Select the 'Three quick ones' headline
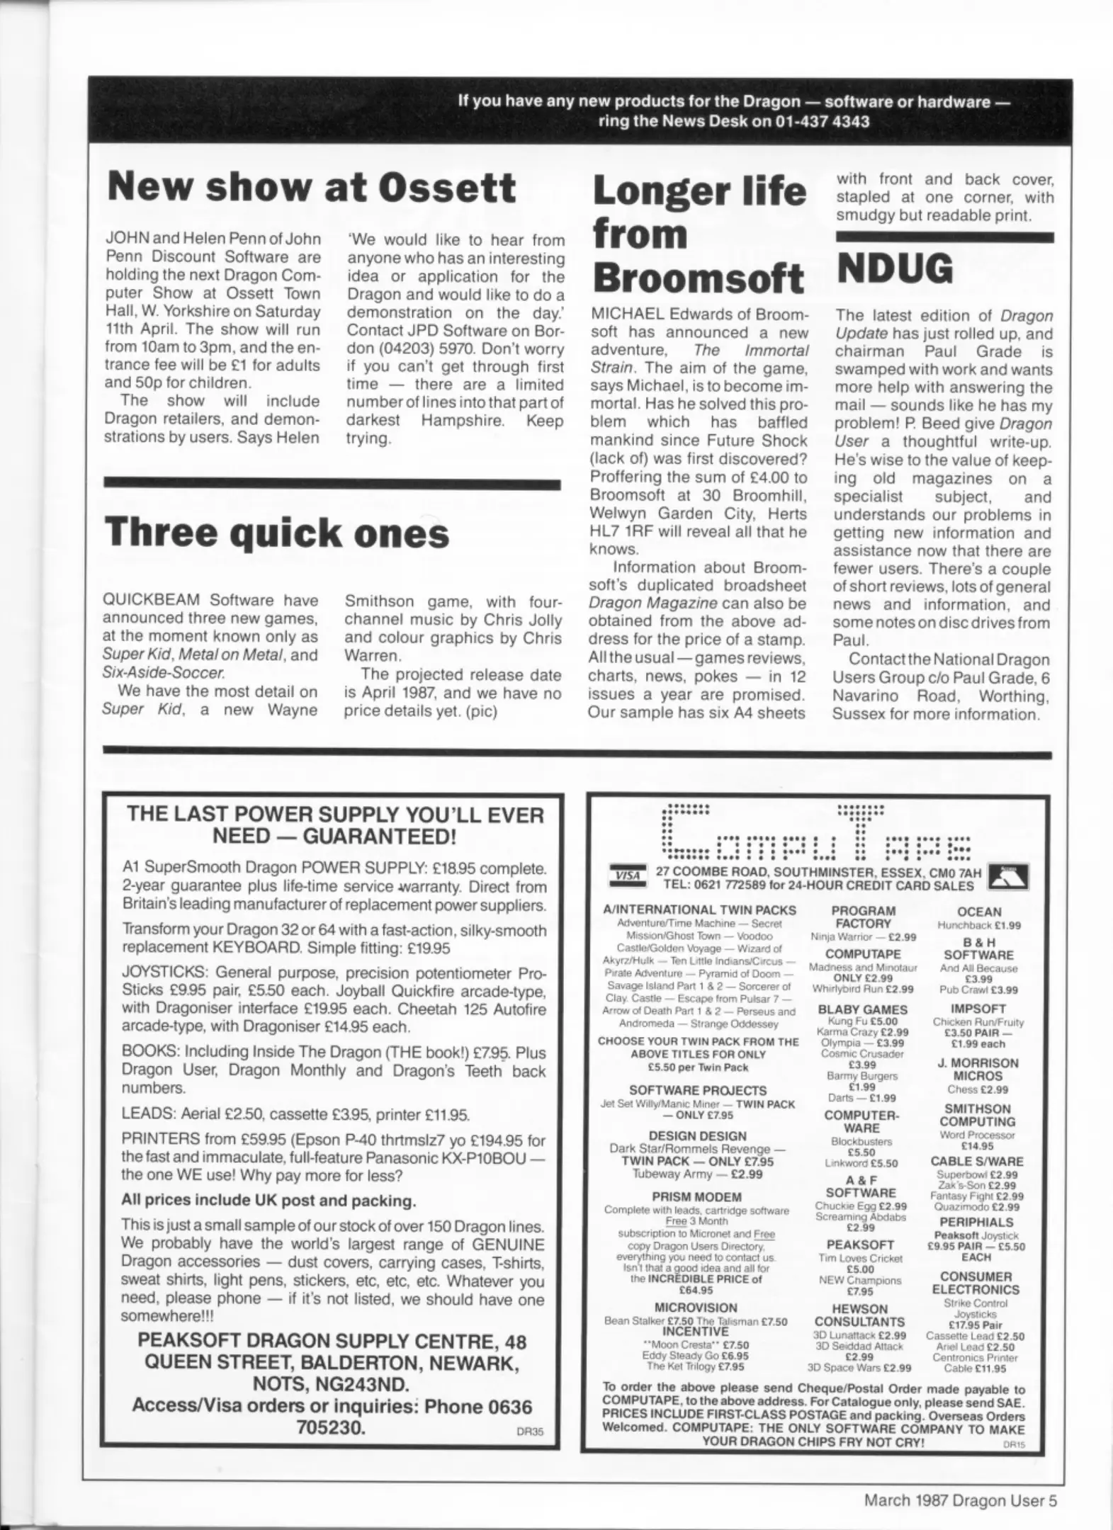coord(276,533)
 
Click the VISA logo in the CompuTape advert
coord(627,875)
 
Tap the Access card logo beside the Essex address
coord(1007,877)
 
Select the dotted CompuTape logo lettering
coord(815,833)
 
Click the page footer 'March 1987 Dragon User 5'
coord(960,1500)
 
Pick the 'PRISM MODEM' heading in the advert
coord(696,1197)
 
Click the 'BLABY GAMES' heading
coord(862,1009)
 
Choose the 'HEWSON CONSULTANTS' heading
coord(859,1315)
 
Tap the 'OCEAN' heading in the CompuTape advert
coord(979,912)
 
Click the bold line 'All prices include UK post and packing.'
coord(269,1201)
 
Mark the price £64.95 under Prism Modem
coord(696,1291)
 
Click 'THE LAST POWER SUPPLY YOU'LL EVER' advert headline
coord(335,814)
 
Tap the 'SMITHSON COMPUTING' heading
coord(977,1115)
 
